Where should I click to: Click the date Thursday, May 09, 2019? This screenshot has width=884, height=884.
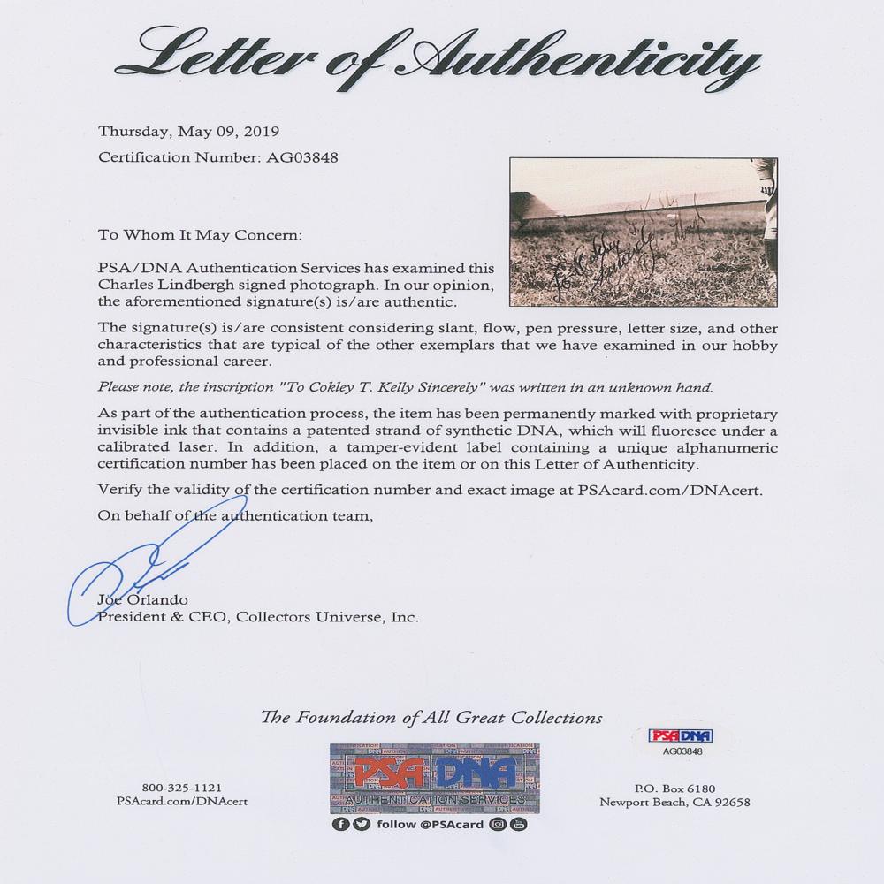click(188, 132)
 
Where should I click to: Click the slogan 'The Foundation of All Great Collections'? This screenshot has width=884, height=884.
click(431, 718)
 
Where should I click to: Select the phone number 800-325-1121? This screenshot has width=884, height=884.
click(181, 788)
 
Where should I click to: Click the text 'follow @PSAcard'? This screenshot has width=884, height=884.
click(438, 825)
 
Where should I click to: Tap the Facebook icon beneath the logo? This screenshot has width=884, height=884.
click(340, 825)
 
